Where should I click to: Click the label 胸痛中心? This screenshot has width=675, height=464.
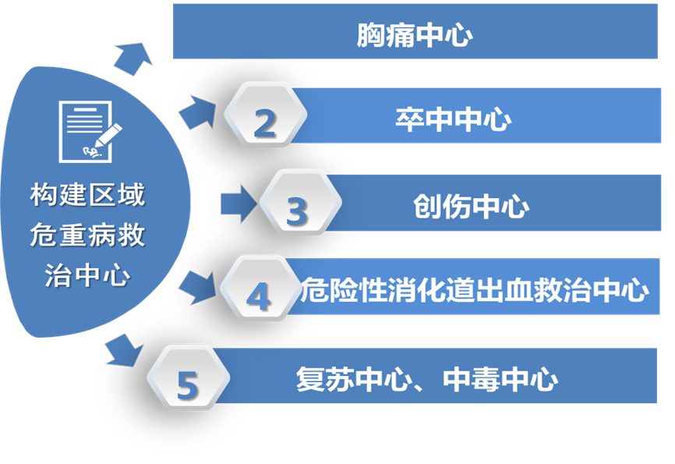[415, 36]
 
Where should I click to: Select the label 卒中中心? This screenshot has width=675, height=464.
[452, 120]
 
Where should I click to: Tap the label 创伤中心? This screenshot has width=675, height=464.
[471, 207]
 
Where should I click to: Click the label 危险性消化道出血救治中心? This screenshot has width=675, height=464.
[475, 290]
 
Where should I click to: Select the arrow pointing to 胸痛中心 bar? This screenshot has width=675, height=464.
[133, 56]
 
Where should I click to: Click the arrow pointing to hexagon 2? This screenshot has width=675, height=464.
[197, 112]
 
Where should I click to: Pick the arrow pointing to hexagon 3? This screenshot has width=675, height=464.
[238, 204]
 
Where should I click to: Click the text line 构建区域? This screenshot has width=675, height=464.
[87, 196]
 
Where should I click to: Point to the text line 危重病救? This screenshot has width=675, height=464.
[87, 236]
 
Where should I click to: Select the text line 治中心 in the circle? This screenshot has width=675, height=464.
[87, 276]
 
